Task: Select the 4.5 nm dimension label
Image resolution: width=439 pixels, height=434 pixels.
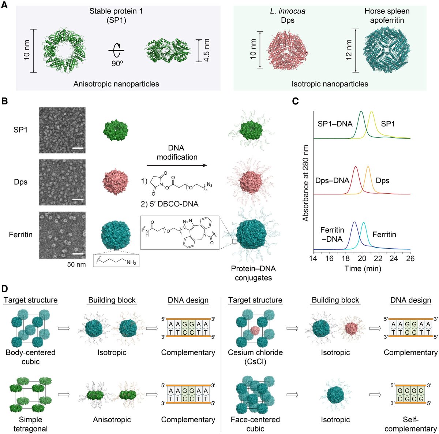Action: (207, 50)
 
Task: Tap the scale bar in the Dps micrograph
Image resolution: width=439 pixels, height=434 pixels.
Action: (78, 200)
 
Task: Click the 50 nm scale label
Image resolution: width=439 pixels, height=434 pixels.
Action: (76, 264)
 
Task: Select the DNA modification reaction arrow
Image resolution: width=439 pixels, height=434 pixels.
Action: (177, 166)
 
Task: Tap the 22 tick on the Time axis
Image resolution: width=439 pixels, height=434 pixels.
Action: (378, 258)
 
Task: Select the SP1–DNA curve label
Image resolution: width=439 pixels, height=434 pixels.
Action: (335, 124)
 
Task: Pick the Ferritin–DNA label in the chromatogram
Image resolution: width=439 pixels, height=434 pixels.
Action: (332, 235)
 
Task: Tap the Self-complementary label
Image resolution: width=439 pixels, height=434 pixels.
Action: (410, 424)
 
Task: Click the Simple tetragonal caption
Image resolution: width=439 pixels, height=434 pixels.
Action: (30, 424)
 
